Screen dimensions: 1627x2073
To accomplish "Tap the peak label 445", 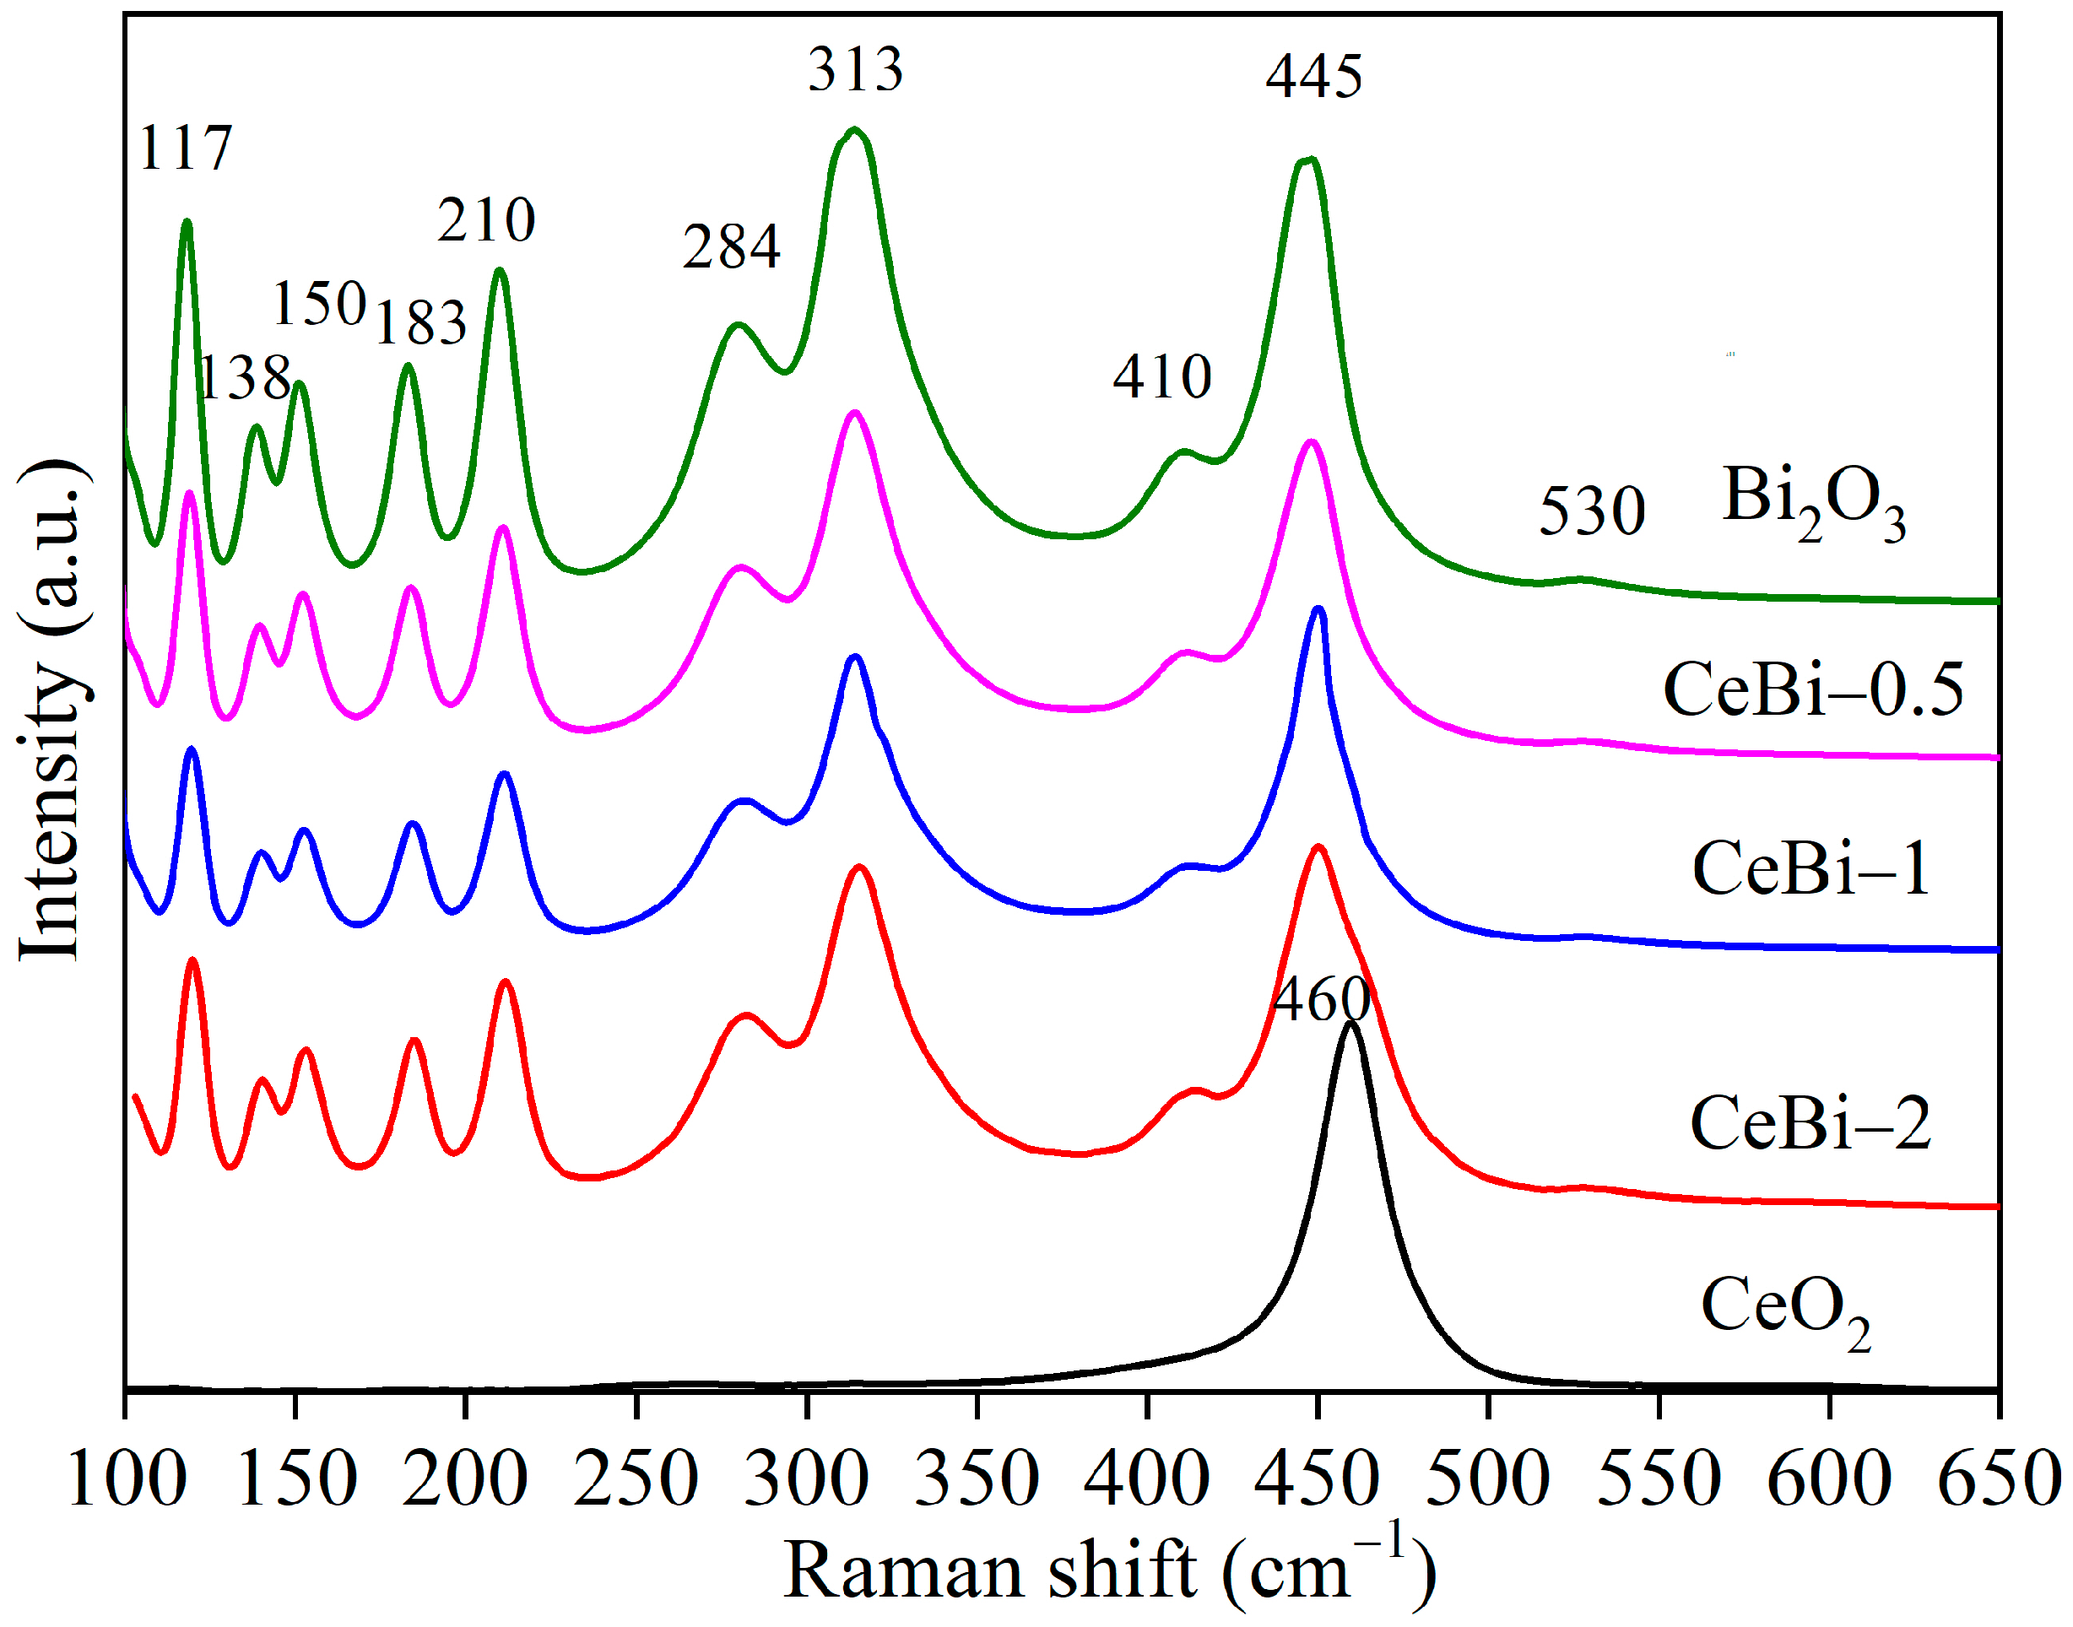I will point(1313,76).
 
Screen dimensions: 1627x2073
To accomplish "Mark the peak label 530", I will point(1592,511).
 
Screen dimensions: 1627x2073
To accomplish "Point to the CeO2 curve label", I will point(1784,1310).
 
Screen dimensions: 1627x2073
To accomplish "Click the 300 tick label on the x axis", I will point(806,1479).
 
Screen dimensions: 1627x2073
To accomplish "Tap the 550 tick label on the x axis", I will point(1659,1479).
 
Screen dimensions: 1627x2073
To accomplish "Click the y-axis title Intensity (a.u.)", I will point(52,710).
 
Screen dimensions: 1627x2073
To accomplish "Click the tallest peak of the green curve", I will point(854,130).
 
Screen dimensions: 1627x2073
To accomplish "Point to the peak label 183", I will point(420,323).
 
